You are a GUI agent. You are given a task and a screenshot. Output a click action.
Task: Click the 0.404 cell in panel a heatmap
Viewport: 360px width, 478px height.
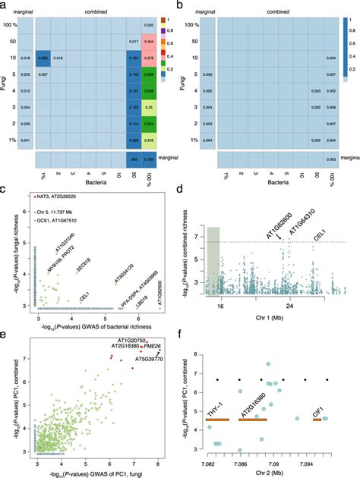pyautogui.click(x=171, y=38)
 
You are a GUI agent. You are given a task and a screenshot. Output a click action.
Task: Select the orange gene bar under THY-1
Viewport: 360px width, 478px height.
pyautogui.click(x=219, y=420)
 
